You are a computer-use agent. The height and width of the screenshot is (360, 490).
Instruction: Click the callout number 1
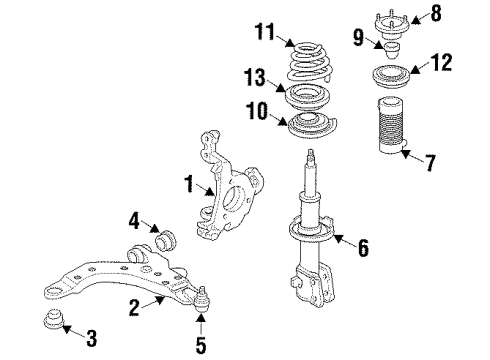(187, 183)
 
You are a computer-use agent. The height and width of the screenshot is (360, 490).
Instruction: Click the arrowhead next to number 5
(201, 329)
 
